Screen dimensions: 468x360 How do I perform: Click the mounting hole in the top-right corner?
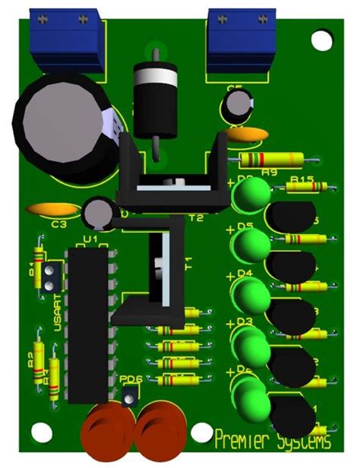click(x=322, y=39)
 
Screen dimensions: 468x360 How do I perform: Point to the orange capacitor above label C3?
click(x=51, y=209)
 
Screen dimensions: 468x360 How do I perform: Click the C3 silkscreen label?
click(x=59, y=224)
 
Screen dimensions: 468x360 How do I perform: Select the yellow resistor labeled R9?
click(x=270, y=160)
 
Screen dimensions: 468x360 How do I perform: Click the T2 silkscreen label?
click(x=196, y=218)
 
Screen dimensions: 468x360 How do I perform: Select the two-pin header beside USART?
click(x=51, y=277)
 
